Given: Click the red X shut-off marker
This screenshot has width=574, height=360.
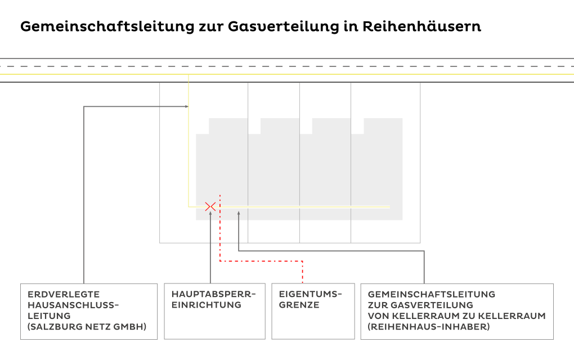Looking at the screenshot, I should [x=210, y=206].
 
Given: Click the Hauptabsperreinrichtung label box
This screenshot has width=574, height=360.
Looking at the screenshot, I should [x=214, y=311].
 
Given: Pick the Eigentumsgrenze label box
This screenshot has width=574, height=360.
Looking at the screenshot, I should [x=313, y=311].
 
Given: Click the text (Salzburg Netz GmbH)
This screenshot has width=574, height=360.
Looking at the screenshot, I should [x=87, y=327].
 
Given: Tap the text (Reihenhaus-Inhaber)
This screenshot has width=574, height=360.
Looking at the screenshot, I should [x=428, y=327].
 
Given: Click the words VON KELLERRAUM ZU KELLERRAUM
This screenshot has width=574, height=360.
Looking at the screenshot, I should [x=456, y=316].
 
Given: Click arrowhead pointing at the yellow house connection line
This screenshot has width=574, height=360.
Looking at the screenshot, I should [x=186, y=106].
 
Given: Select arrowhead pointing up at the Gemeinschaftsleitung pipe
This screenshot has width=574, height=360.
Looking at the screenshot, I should [x=239, y=213].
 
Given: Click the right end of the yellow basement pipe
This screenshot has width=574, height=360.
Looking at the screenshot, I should [x=389, y=207].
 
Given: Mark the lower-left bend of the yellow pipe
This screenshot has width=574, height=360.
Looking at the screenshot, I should [x=189, y=206].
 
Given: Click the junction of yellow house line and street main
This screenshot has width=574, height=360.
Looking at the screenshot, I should [x=189, y=74].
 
